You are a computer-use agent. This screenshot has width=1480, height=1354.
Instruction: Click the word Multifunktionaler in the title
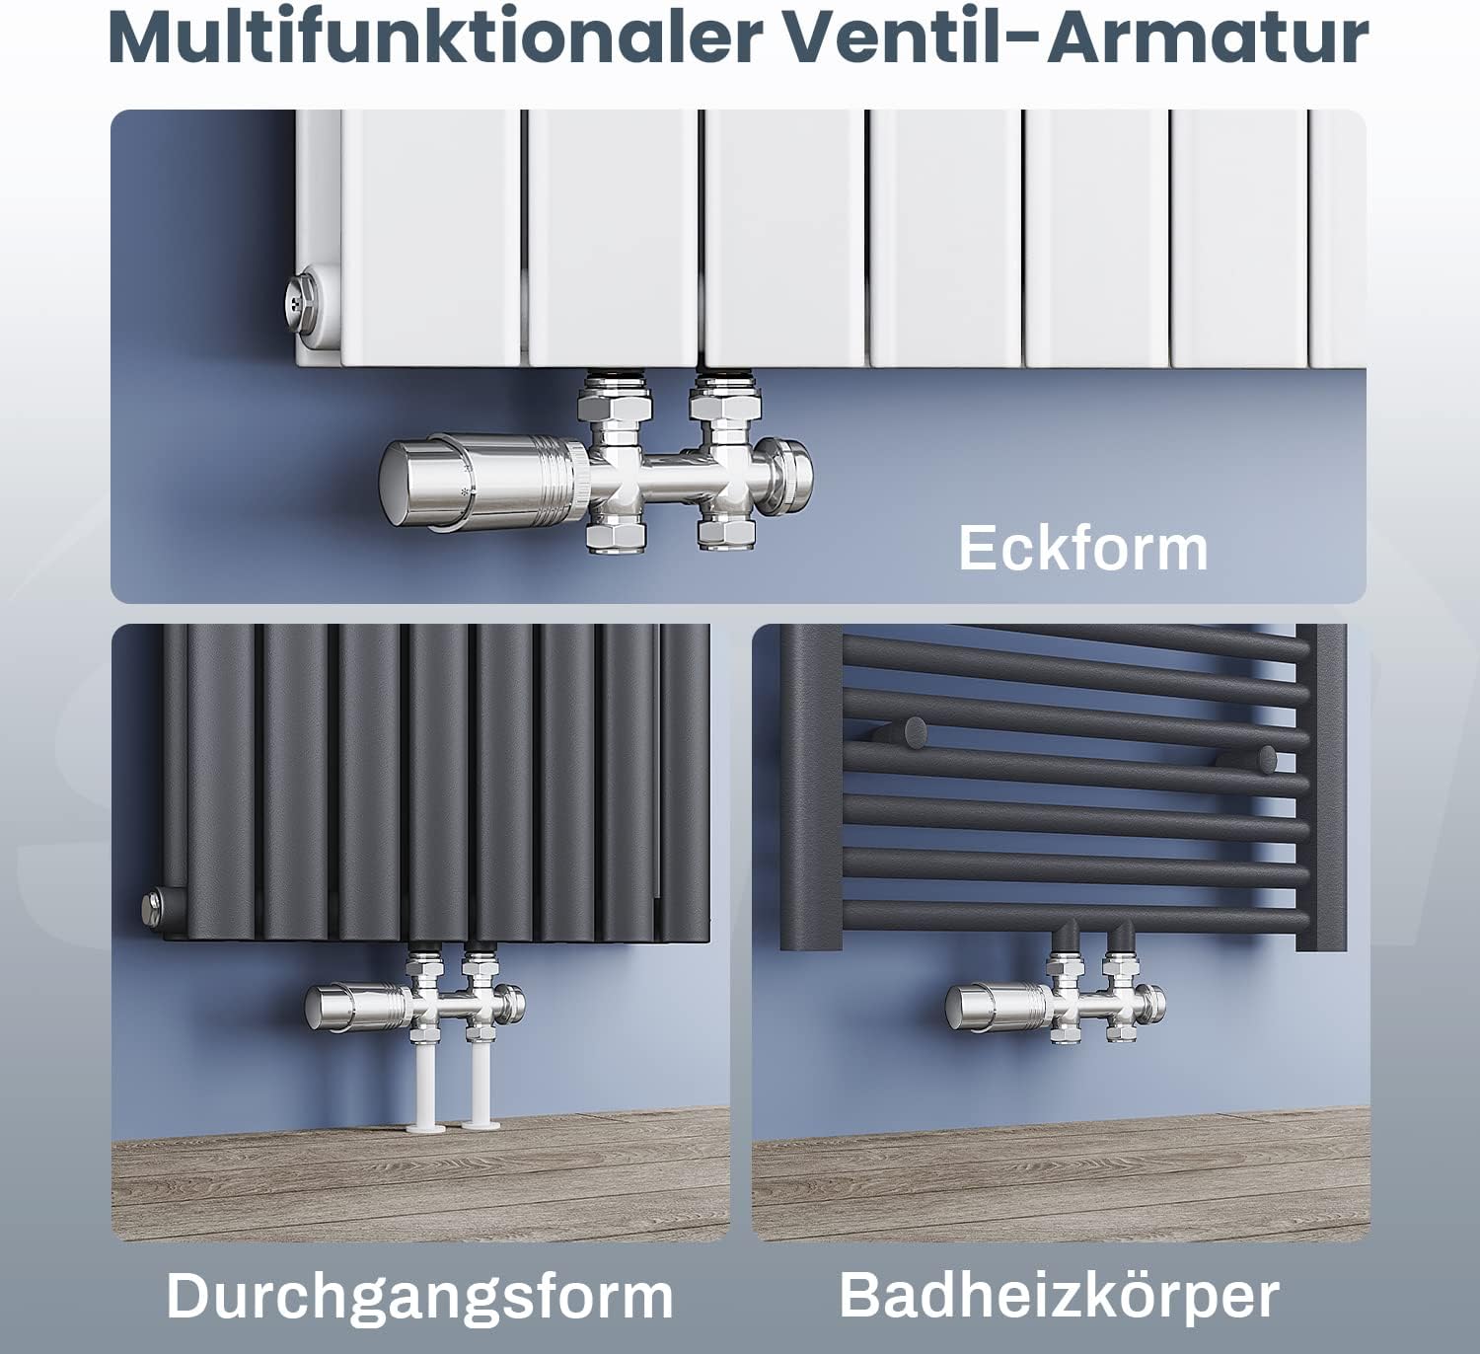click(435, 38)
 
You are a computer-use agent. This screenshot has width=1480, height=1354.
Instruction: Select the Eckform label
click(1083, 549)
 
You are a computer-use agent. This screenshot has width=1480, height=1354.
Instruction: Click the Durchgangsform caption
click(419, 1296)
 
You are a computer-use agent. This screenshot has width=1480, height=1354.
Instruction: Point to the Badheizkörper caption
click(1060, 1295)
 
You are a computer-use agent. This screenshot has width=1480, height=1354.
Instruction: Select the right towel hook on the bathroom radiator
click(1253, 761)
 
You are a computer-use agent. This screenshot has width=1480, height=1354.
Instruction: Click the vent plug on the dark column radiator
click(153, 907)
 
